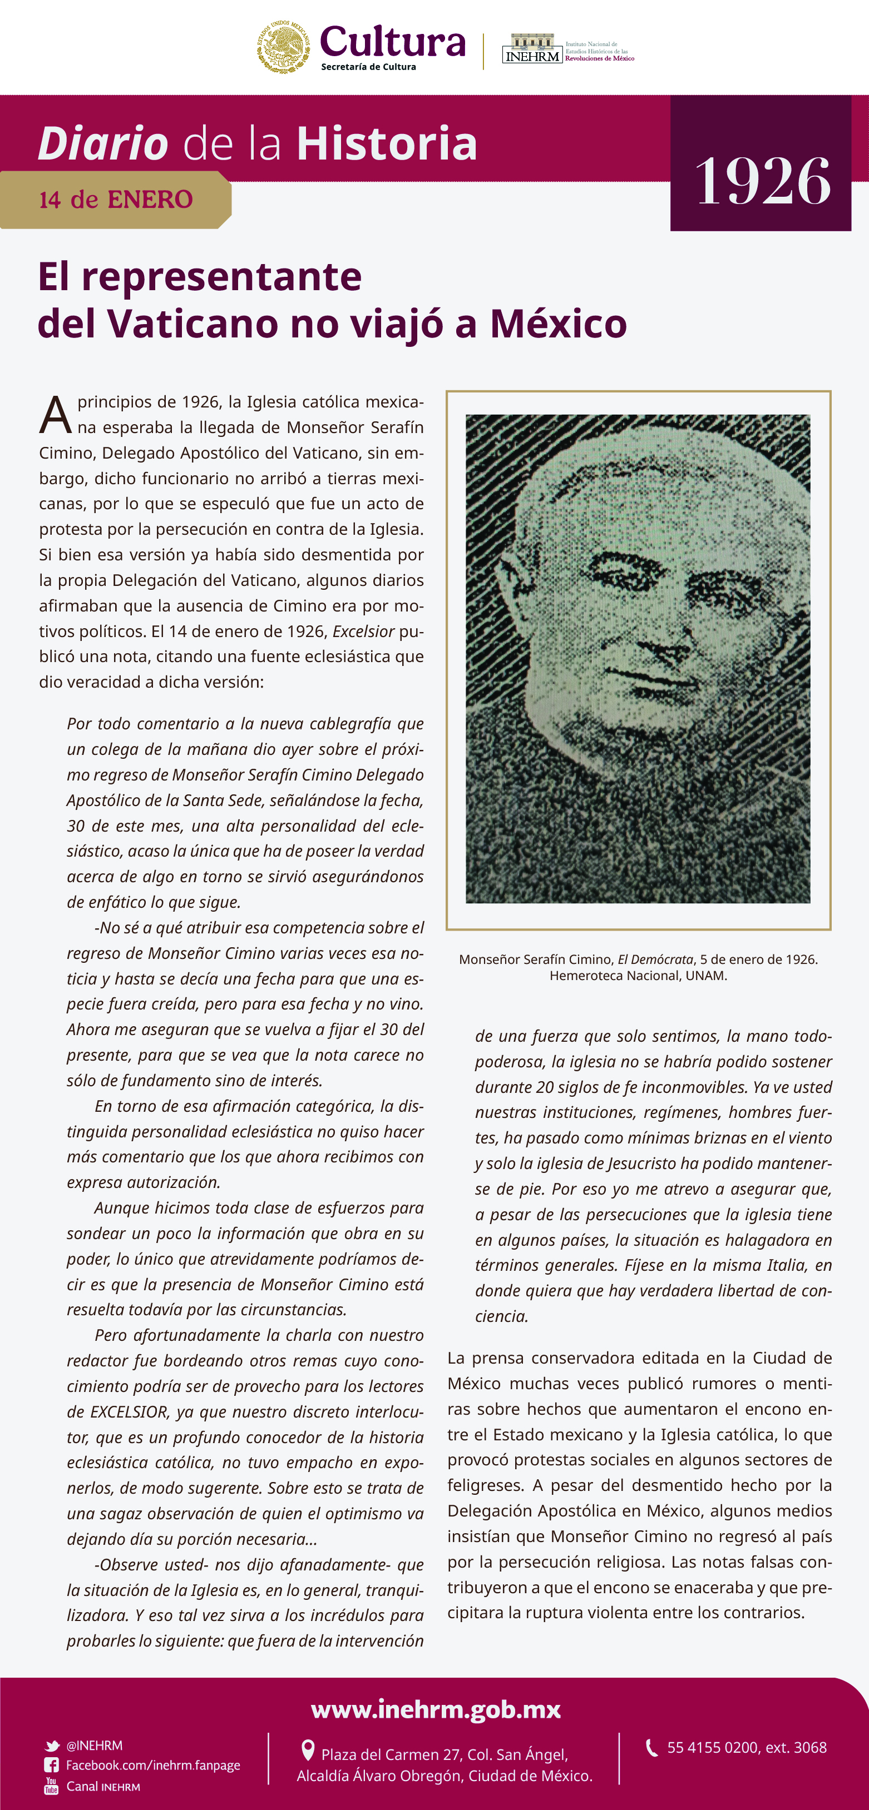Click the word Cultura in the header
392,42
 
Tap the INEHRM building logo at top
532,48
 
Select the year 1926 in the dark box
763,181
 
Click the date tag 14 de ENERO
116,200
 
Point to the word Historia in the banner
387,143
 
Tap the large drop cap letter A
55,416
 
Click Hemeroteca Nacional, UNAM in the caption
638,975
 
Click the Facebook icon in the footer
51,1765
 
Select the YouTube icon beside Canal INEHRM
51,1786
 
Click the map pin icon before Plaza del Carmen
307,1749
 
